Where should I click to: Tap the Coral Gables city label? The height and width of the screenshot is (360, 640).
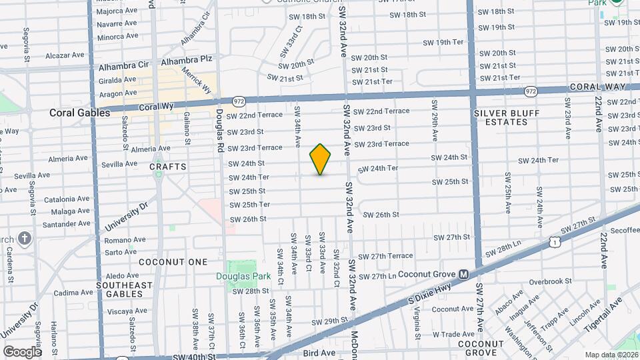point(79,113)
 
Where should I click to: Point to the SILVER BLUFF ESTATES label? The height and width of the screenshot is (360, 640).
point(507,118)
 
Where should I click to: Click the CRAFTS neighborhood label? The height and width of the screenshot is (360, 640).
point(167,166)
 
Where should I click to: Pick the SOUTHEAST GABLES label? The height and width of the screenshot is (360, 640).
point(124,290)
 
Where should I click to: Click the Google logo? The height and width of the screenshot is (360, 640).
point(22,352)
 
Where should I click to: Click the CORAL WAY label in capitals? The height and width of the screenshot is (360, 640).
point(597,87)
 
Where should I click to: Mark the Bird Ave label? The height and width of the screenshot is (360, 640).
point(319,352)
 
